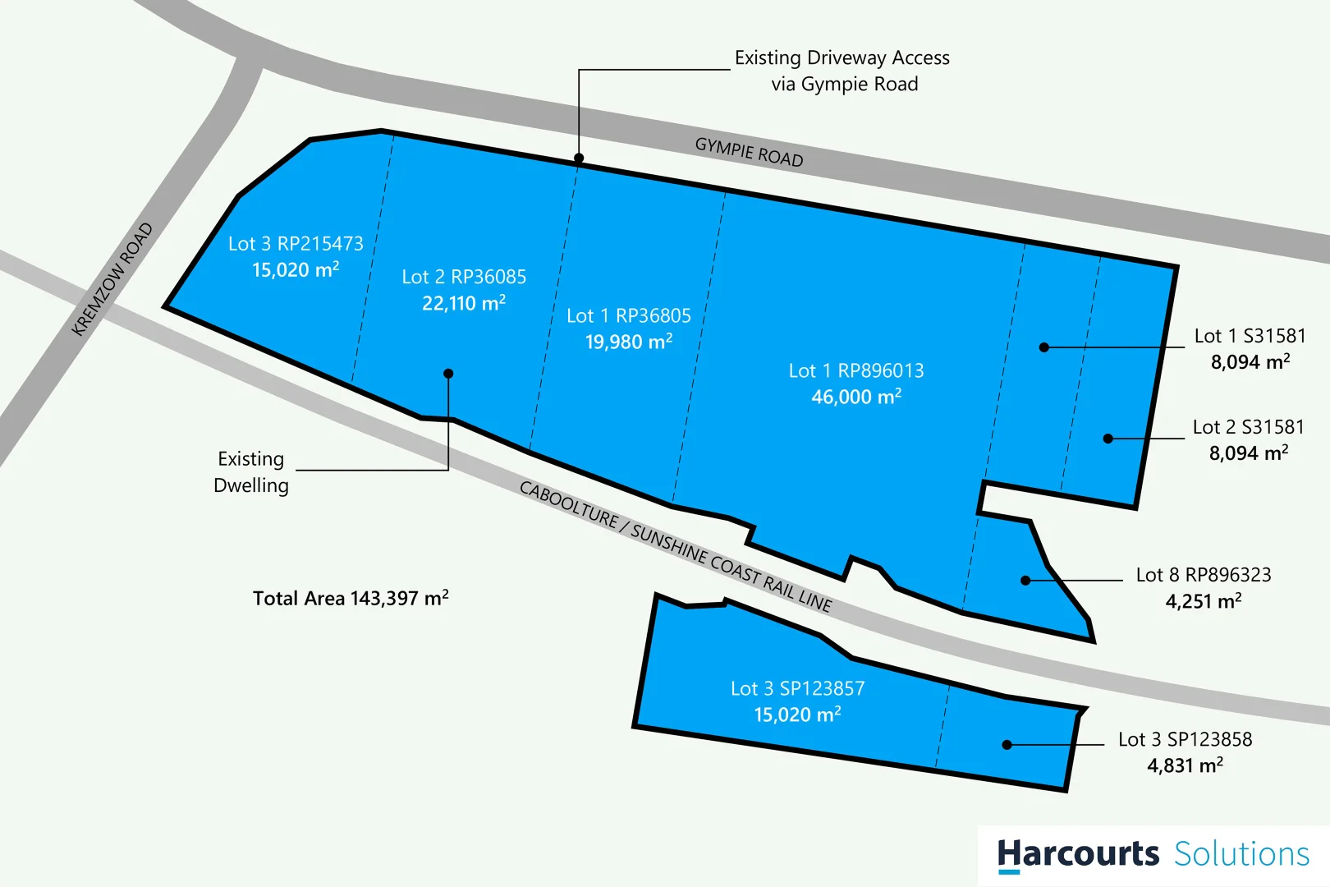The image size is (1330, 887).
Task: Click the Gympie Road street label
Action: pos(749,152)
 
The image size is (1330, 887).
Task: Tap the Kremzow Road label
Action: pos(112,279)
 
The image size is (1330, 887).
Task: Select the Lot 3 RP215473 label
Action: pos(296,244)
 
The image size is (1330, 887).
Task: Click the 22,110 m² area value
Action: pos(464,303)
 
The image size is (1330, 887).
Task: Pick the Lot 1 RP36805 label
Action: pos(629,316)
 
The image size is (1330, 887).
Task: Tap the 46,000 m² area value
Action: pos(856,397)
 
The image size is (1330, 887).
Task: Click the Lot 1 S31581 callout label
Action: pos(1250,336)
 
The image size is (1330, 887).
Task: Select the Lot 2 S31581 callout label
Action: pos(1248,427)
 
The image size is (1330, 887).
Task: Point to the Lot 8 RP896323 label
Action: pos(1204,575)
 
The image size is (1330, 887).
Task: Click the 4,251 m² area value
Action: pos(1204,601)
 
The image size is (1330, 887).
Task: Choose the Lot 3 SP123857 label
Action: pos(798,688)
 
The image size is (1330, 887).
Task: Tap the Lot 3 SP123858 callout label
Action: pos(1185,739)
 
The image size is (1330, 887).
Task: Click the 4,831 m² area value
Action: pos(1185,765)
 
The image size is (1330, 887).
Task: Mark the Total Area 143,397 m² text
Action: pos(351,598)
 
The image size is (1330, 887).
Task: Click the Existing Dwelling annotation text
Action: pos(251,472)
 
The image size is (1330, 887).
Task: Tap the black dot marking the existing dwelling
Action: pos(448,374)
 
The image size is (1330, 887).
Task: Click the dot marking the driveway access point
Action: pos(579,159)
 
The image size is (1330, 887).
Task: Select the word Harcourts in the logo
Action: pos(1077,854)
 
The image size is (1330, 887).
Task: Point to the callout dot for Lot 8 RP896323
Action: pos(1025,581)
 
